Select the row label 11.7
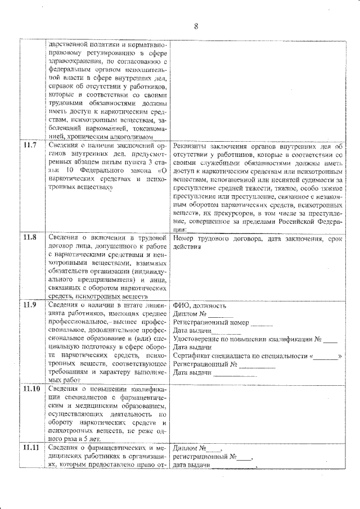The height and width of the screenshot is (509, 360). point(29,145)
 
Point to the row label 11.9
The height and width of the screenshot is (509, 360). point(29,305)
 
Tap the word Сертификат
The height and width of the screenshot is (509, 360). point(191,356)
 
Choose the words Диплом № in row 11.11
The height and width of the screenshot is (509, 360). point(190,448)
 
